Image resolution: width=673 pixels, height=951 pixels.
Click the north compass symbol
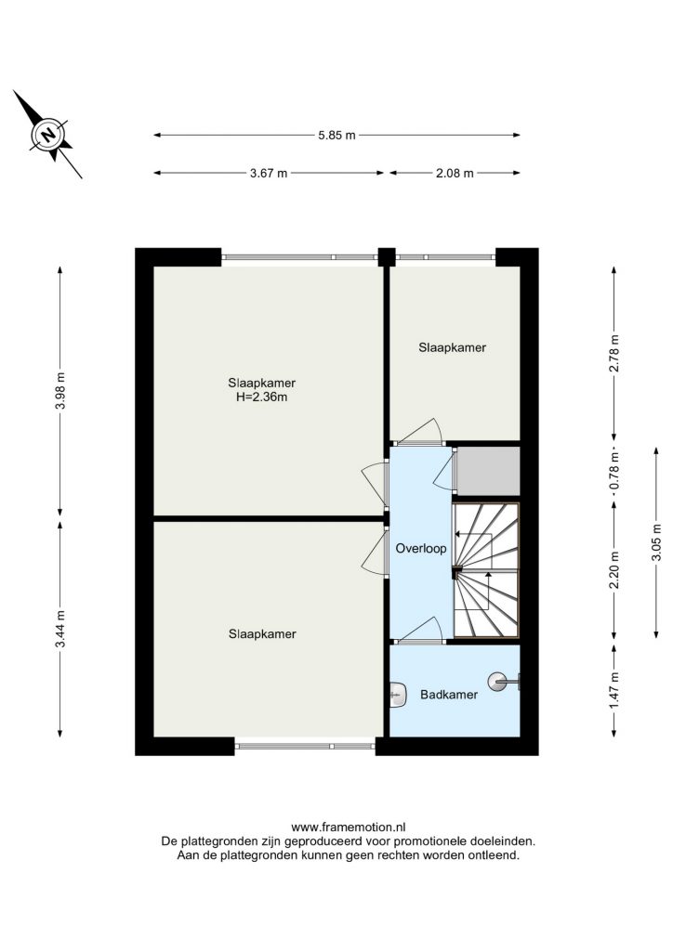coord(48,134)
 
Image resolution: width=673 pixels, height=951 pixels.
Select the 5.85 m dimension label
coord(336,136)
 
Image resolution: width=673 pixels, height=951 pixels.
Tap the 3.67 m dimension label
coord(269,174)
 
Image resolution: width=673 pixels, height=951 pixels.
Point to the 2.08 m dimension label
coord(455,174)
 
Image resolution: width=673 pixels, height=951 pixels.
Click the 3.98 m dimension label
coord(60,390)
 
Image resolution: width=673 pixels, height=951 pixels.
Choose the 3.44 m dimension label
coord(60,629)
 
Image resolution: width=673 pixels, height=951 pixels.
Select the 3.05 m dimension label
coord(656,542)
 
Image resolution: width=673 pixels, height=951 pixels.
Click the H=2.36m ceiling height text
coord(261,397)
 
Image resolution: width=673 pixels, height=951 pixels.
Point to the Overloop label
coord(421,548)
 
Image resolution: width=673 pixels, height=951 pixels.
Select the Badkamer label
coord(449,695)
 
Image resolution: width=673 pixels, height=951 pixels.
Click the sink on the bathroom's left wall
coord(398,694)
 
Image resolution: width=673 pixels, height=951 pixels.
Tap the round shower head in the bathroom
coord(499,682)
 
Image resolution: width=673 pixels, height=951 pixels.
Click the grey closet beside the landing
coord(488,471)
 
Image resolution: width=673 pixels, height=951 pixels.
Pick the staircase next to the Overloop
coord(486,570)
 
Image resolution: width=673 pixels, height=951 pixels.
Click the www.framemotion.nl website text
coord(349,827)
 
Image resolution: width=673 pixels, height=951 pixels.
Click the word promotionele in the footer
coord(430,841)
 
